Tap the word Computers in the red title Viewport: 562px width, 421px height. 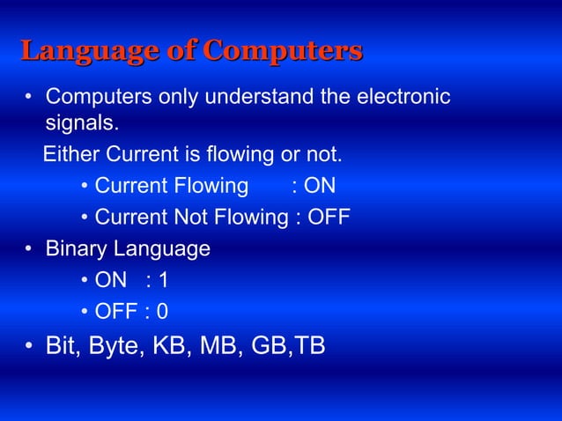(x=282, y=51)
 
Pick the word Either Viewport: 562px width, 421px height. (x=72, y=156)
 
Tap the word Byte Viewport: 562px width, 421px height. (x=115, y=346)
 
